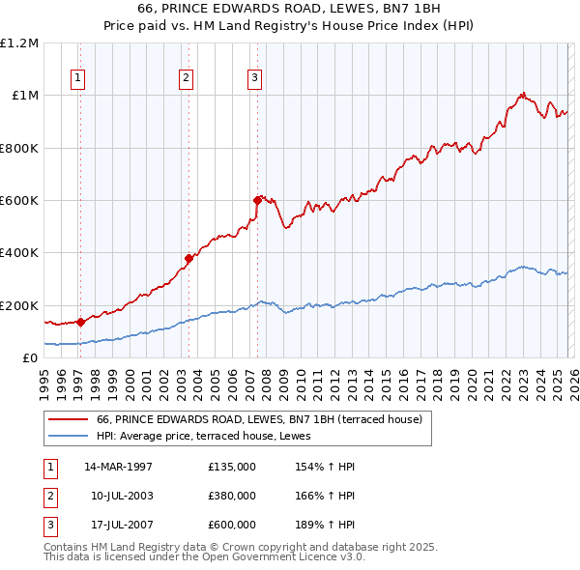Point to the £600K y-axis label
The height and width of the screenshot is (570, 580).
[x=18, y=201]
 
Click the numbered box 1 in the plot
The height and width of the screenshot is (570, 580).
[x=77, y=79]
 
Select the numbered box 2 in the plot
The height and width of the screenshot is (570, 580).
[x=186, y=79]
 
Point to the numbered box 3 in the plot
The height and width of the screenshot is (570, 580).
[x=254, y=79]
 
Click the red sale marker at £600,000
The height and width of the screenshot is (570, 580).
[x=257, y=200]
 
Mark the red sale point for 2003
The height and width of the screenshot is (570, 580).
[x=189, y=258]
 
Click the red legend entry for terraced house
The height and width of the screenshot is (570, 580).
[x=259, y=419]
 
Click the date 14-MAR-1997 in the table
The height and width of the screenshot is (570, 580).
[x=119, y=467]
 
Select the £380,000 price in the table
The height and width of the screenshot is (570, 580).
[x=232, y=496]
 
